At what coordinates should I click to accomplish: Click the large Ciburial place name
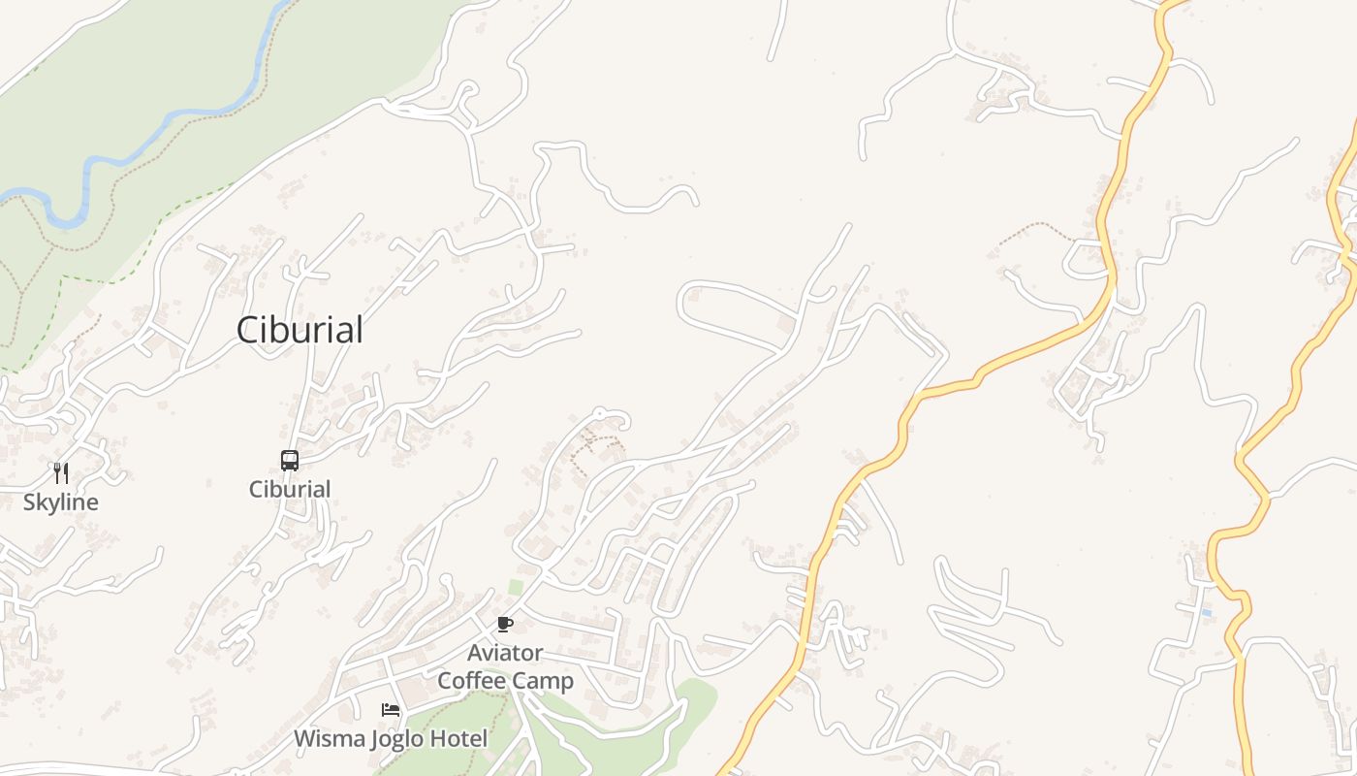point(300,330)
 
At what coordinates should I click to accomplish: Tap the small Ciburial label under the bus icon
point(290,489)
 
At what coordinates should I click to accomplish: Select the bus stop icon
point(290,461)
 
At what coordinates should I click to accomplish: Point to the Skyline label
point(61,502)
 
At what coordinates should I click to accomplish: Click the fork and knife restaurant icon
point(61,473)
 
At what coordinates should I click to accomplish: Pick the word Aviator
point(505,652)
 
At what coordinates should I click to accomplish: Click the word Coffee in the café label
point(473,681)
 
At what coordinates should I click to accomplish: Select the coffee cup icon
point(504,624)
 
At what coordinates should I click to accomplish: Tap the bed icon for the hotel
point(391,710)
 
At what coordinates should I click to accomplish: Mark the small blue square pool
point(1206,613)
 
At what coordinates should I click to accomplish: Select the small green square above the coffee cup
point(516,587)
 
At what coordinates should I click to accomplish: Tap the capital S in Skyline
point(29,502)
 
